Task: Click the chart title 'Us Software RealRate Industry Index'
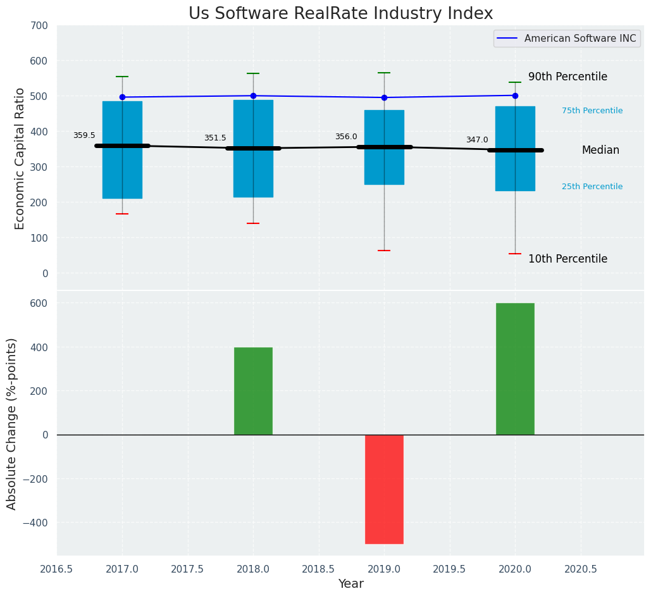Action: [340, 14]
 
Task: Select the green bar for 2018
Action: [253, 391]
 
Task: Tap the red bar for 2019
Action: [384, 488]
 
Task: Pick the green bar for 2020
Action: [515, 369]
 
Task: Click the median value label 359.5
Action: [84, 136]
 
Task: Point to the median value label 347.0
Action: [477, 140]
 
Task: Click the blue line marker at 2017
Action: [122, 97]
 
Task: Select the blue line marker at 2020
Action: [515, 96]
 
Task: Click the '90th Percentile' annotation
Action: [567, 77]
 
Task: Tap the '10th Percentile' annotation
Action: [567, 259]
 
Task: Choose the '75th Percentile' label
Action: [592, 111]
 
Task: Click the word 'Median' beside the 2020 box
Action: [600, 151]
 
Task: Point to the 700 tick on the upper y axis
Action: [39, 26]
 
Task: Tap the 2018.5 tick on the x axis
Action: [319, 569]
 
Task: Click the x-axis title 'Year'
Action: [350, 584]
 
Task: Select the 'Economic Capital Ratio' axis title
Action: [20, 158]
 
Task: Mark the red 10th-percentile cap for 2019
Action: [384, 251]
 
